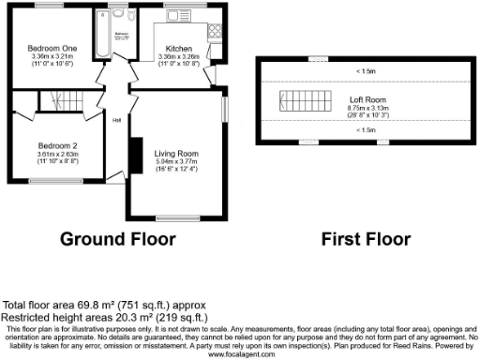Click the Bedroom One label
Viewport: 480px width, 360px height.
[45, 48]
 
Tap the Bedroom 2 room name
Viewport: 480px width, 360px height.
[56, 145]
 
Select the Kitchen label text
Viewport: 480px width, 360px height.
[179, 48]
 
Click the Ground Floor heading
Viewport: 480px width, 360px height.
[118, 238]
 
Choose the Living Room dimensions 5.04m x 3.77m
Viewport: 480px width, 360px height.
[177, 161]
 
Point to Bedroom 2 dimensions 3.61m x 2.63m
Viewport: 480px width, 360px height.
[56, 154]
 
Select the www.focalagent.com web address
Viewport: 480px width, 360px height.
[240, 354]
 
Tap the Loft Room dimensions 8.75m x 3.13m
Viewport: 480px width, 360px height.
[361, 109]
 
